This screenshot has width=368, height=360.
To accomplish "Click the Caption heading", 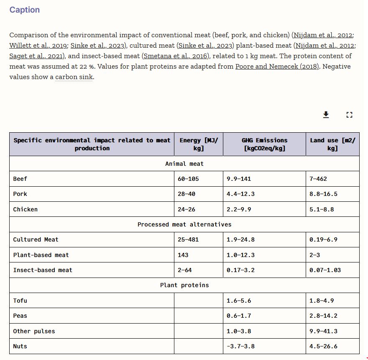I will (x=25, y=10).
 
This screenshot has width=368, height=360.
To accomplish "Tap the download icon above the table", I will (x=326, y=115).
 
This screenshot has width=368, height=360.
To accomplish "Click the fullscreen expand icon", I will (x=350, y=115).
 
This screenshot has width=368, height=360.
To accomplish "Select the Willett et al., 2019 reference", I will (x=38, y=46).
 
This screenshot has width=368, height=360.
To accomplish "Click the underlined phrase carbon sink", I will (x=74, y=77).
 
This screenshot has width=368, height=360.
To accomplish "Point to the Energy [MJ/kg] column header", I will (x=199, y=144).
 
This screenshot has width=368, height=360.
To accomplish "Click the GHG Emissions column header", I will (x=264, y=144).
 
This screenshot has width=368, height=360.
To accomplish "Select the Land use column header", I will (x=332, y=144).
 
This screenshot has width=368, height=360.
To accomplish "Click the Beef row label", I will (x=20, y=179).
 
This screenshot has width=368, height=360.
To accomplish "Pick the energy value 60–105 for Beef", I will (x=188, y=179).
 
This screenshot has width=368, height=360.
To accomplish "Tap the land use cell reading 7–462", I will (x=318, y=179).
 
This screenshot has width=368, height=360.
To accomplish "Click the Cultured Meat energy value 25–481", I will (x=188, y=239).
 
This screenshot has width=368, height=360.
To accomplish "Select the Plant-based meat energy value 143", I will (x=183, y=255).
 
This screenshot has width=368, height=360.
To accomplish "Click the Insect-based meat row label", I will (x=43, y=270).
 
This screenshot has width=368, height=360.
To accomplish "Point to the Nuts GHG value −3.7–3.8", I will (x=240, y=346).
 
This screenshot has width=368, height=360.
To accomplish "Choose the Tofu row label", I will (x=20, y=301).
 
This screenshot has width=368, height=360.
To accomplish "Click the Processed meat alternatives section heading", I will (x=184, y=224).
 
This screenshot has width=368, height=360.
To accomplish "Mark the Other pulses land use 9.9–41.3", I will (x=323, y=331).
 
